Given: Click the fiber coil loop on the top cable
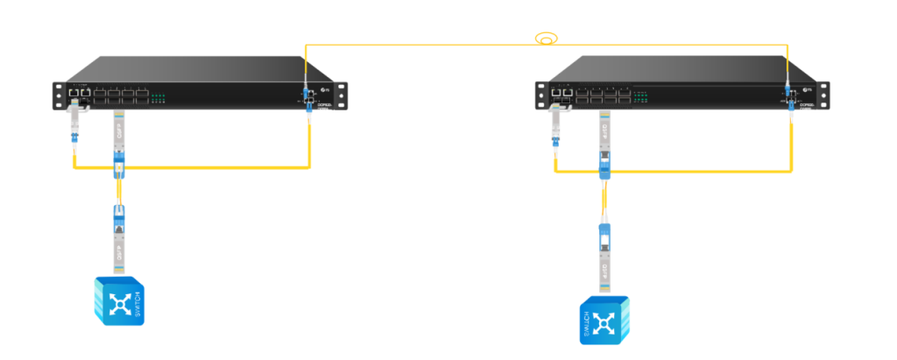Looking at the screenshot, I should [547, 39].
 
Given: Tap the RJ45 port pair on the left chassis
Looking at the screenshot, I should [79, 91].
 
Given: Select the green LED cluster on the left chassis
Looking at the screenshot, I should [159, 98].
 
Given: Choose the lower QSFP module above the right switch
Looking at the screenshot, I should [604, 267].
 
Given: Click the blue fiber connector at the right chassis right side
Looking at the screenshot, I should [788, 91].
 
